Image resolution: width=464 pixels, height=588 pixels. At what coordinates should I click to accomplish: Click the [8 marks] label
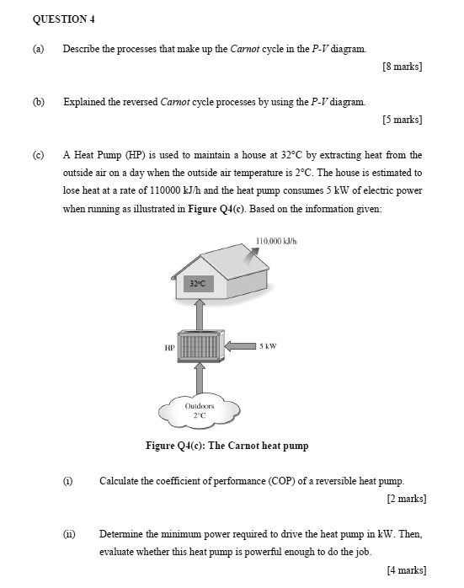tap(402, 67)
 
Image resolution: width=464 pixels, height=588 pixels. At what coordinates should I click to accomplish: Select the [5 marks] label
tap(402, 120)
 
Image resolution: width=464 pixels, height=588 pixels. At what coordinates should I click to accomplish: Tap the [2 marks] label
tap(406, 499)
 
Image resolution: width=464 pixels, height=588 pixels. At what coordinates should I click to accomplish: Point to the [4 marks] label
tap(406, 570)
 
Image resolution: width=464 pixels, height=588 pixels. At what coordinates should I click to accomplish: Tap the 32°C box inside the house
tap(200, 285)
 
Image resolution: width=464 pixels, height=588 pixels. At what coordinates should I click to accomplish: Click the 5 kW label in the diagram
tap(269, 345)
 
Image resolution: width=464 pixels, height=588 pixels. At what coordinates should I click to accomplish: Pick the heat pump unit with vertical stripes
tap(200, 345)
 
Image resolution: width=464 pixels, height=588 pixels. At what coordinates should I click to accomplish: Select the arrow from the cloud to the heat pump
tap(200, 376)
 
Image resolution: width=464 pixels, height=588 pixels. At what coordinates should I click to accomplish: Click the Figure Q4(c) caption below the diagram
tap(227, 446)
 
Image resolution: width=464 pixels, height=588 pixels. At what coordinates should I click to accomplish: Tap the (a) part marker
tap(38, 49)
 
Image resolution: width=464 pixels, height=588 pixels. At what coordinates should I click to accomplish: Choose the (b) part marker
tap(38, 102)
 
